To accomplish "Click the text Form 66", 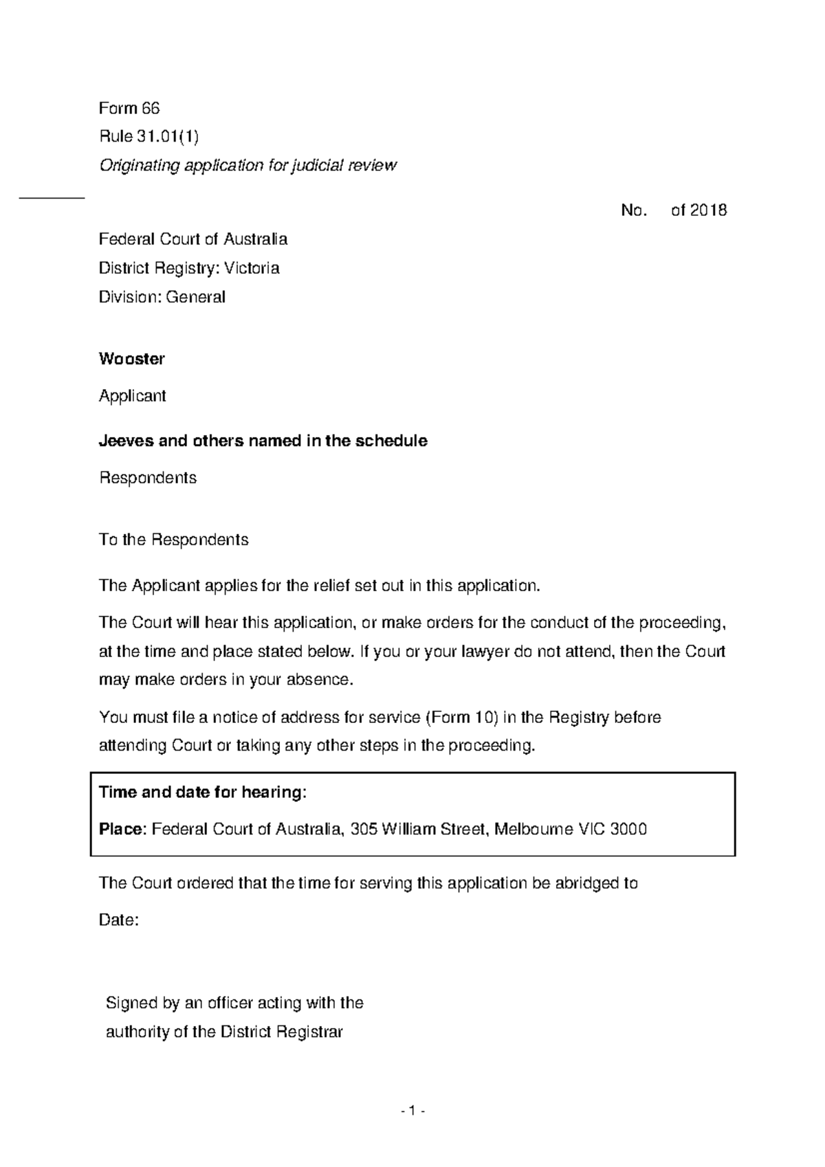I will (x=129, y=109).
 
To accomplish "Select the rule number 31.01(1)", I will (x=168, y=137).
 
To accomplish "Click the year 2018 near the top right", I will (x=708, y=210).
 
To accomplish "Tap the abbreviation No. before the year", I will (x=633, y=210).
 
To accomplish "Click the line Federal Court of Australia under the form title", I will (x=193, y=239).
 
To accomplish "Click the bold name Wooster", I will (x=131, y=359).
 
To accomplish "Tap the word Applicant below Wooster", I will (x=133, y=396).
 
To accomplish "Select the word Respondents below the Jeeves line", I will (x=148, y=478).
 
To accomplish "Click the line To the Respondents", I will (x=173, y=540).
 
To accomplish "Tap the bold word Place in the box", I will (x=121, y=830).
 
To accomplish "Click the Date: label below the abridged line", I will (x=119, y=920).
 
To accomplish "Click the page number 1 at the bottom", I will (x=412, y=1111).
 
